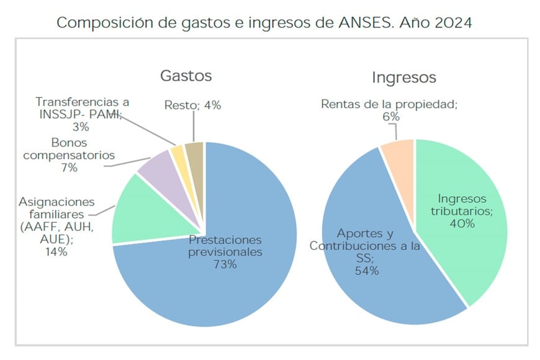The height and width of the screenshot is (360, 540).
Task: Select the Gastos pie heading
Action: click(186, 76)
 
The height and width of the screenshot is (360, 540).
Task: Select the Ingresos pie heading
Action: click(403, 78)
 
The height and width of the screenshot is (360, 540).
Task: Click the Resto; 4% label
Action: click(193, 105)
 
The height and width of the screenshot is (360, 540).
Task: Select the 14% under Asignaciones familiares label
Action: click(56, 252)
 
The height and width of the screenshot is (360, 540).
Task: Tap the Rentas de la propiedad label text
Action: click(389, 104)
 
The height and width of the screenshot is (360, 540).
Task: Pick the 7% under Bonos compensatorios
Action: click(69, 168)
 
